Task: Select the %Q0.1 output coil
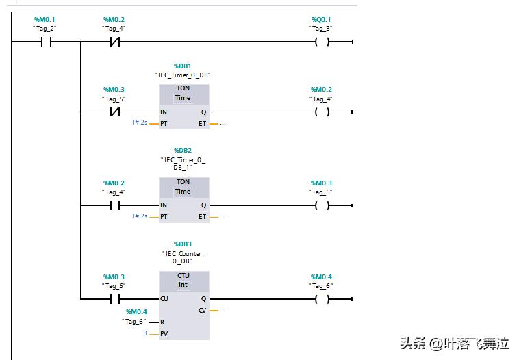point(321,42)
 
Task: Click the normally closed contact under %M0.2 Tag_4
point(115,42)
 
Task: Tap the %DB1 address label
point(183,66)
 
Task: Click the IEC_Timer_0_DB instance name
point(183,75)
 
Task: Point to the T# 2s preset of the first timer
point(140,123)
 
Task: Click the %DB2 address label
point(183,150)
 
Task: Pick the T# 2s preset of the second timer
point(140,216)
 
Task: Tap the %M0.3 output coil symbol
point(321,205)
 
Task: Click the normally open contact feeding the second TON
point(115,205)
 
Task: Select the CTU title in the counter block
point(183,276)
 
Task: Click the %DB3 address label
point(183,244)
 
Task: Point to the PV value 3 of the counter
point(144,333)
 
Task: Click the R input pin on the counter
point(163,322)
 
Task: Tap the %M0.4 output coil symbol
point(321,298)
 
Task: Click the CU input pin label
point(164,298)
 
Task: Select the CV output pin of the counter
point(202,310)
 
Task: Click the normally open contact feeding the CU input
point(115,298)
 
